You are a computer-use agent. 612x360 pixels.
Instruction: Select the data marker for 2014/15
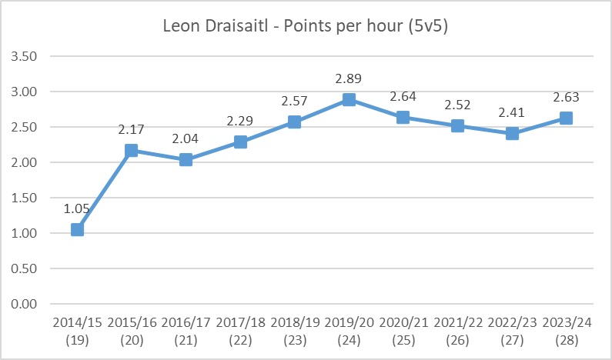tap(77, 229)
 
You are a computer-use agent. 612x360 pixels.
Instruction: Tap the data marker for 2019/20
tap(349, 100)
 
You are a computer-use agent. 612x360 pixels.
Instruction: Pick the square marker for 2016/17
tap(186, 160)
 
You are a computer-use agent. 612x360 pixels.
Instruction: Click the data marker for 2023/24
tap(566, 118)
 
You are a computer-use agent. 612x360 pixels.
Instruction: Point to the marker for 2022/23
tap(512, 134)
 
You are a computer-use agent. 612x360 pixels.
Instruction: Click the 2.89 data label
tap(349, 78)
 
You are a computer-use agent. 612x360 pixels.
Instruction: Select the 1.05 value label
tap(77, 208)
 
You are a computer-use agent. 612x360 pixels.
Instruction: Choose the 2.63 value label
tap(566, 97)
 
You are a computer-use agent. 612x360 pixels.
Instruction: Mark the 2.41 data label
tap(512, 112)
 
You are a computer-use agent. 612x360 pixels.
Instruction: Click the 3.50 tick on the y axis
tap(25, 57)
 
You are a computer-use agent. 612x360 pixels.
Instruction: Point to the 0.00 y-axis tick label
tap(25, 304)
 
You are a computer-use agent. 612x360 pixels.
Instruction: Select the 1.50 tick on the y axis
tap(25, 198)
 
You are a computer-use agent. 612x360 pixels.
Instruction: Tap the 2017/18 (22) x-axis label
tap(240, 328)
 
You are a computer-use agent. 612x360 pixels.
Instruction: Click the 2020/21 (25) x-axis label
tap(403, 328)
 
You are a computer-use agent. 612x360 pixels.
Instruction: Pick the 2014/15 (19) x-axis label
tap(77, 328)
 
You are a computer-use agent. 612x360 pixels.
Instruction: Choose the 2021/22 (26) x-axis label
tap(457, 328)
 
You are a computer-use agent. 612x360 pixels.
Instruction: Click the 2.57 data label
tap(295, 101)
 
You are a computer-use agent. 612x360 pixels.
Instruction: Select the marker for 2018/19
tap(295, 122)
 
